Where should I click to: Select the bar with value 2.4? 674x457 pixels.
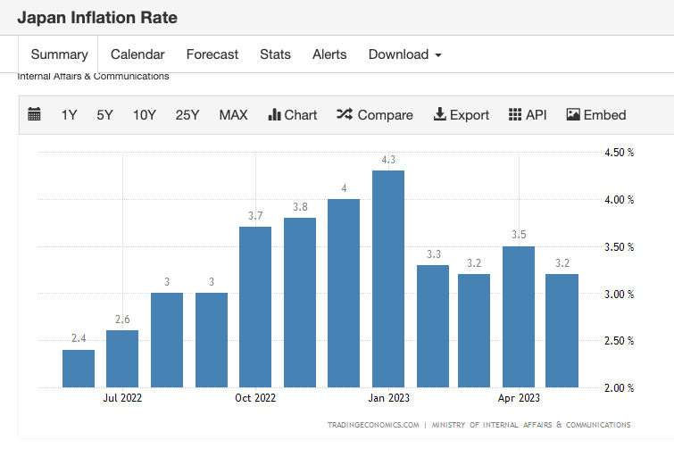click(79, 368)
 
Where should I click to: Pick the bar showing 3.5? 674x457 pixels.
click(519, 316)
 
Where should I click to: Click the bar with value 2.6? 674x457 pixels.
click(122, 358)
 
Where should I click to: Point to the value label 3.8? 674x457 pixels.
click(300, 207)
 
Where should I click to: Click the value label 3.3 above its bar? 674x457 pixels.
click(433, 254)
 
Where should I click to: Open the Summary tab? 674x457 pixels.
click(60, 54)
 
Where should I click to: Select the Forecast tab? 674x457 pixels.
click(212, 54)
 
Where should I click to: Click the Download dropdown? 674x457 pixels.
click(404, 54)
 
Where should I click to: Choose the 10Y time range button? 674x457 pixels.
click(145, 115)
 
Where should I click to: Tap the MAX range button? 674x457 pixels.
click(233, 115)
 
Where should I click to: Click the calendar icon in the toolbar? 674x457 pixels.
click(35, 114)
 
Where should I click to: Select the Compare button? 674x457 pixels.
click(375, 115)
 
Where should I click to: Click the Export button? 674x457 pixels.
click(462, 115)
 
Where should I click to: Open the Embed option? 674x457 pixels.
click(596, 115)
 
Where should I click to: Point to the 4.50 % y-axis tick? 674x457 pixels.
click(619, 153)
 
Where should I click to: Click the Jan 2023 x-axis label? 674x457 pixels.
click(388, 398)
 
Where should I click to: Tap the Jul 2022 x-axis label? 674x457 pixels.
click(122, 398)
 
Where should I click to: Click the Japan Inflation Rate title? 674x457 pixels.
click(97, 18)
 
